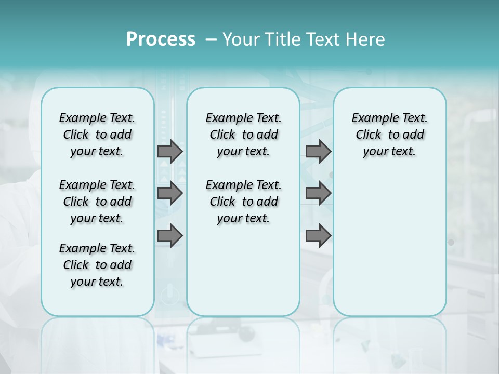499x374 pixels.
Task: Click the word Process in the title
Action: (x=161, y=39)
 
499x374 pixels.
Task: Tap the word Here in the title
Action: (x=365, y=39)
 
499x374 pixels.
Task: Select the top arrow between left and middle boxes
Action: (x=169, y=152)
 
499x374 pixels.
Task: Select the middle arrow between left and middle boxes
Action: (x=169, y=193)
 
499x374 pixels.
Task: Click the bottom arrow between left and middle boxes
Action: (x=169, y=236)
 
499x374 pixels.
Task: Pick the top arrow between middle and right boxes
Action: (x=318, y=152)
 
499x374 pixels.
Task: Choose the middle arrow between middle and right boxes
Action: (x=318, y=193)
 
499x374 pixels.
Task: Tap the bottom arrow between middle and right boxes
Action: (x=318, y=236)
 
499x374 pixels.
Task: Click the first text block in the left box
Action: (x=97, y=135)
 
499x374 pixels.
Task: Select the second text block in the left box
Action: (x=97, y=202)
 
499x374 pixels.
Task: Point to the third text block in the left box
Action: (x=97, y=265)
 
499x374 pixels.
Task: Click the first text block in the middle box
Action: (x=243, y=135)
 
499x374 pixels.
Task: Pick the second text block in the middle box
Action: (x=243, y=202)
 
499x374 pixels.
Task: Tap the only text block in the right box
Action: (x=389, y=135)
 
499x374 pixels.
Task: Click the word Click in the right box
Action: (x=369, y=135)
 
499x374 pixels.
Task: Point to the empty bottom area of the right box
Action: (x=389, y=249)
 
